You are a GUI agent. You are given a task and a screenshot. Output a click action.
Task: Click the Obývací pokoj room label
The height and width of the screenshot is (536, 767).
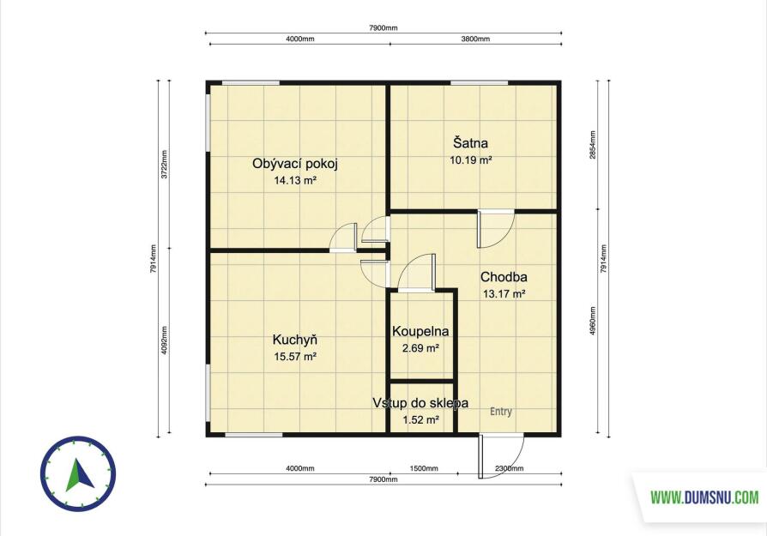[x=295, y=164]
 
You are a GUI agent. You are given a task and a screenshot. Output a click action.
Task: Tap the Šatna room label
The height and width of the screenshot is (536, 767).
[x=470, y=143]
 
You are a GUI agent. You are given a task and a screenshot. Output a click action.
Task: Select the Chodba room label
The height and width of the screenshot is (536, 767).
[x=504, y=277]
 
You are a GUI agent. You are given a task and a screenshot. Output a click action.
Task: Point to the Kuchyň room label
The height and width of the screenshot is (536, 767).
[x=295, y=340]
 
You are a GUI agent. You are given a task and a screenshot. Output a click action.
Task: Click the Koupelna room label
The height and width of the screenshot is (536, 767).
[x=420, y=332]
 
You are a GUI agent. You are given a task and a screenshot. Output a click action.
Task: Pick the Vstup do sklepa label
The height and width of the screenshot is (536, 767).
[x=420, y=403]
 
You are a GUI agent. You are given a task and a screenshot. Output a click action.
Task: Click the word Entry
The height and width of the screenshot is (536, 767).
[x=501, y=412]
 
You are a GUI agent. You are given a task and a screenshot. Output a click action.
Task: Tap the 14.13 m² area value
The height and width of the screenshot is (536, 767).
[x=295, y=180]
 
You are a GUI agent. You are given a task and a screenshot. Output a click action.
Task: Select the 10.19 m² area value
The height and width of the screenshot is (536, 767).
[x=470, y=160]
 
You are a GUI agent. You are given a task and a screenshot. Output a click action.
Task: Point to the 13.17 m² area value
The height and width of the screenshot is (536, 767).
[x=504, y=294]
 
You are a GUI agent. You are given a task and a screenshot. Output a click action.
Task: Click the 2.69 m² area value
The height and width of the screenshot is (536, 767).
[x=420, y=348]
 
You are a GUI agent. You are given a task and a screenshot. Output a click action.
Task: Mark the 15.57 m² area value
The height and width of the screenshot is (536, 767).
[x=295, y=357]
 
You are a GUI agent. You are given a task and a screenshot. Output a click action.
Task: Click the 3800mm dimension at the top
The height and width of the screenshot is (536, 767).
[x=475, y=39]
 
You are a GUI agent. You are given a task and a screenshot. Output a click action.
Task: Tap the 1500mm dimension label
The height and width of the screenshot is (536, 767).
[x=424, y=468]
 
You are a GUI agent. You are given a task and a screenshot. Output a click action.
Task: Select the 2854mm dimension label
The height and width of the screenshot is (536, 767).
[x=592, y=146]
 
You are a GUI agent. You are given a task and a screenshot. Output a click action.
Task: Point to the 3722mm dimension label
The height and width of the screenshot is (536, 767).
[x=165, y=165]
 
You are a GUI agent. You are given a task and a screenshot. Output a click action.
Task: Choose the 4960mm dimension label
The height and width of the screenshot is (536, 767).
[x=592, y=321]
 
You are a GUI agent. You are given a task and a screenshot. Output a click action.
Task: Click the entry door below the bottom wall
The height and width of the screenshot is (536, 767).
[x=480, y=455]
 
